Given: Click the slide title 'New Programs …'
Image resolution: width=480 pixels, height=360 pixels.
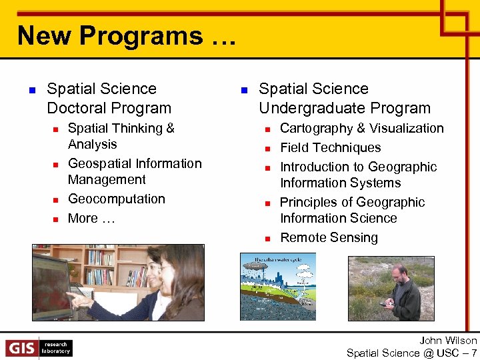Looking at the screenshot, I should click(127, 35).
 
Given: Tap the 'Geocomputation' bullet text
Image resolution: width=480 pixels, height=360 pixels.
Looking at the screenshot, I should click(117, 199).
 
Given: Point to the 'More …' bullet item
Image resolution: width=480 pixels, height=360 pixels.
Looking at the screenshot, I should click(92, 219).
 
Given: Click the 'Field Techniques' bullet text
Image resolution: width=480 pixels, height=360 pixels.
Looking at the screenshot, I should click(330, 148).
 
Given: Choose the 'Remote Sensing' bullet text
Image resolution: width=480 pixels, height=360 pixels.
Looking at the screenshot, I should click(329, 238).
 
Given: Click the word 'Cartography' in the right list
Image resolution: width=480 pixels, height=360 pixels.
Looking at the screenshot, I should click(316, 129).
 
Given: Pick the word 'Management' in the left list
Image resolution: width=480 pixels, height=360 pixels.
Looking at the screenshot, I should click(107, 180).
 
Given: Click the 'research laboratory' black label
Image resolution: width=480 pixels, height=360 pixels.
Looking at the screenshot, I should click(56, 348).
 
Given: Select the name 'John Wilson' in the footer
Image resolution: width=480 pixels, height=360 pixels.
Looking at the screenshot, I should click(448, 341).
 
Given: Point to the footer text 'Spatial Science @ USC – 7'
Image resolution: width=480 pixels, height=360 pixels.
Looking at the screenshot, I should click(411, 353).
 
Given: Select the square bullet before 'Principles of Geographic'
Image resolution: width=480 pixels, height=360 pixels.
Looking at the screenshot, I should click(266, 203).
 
